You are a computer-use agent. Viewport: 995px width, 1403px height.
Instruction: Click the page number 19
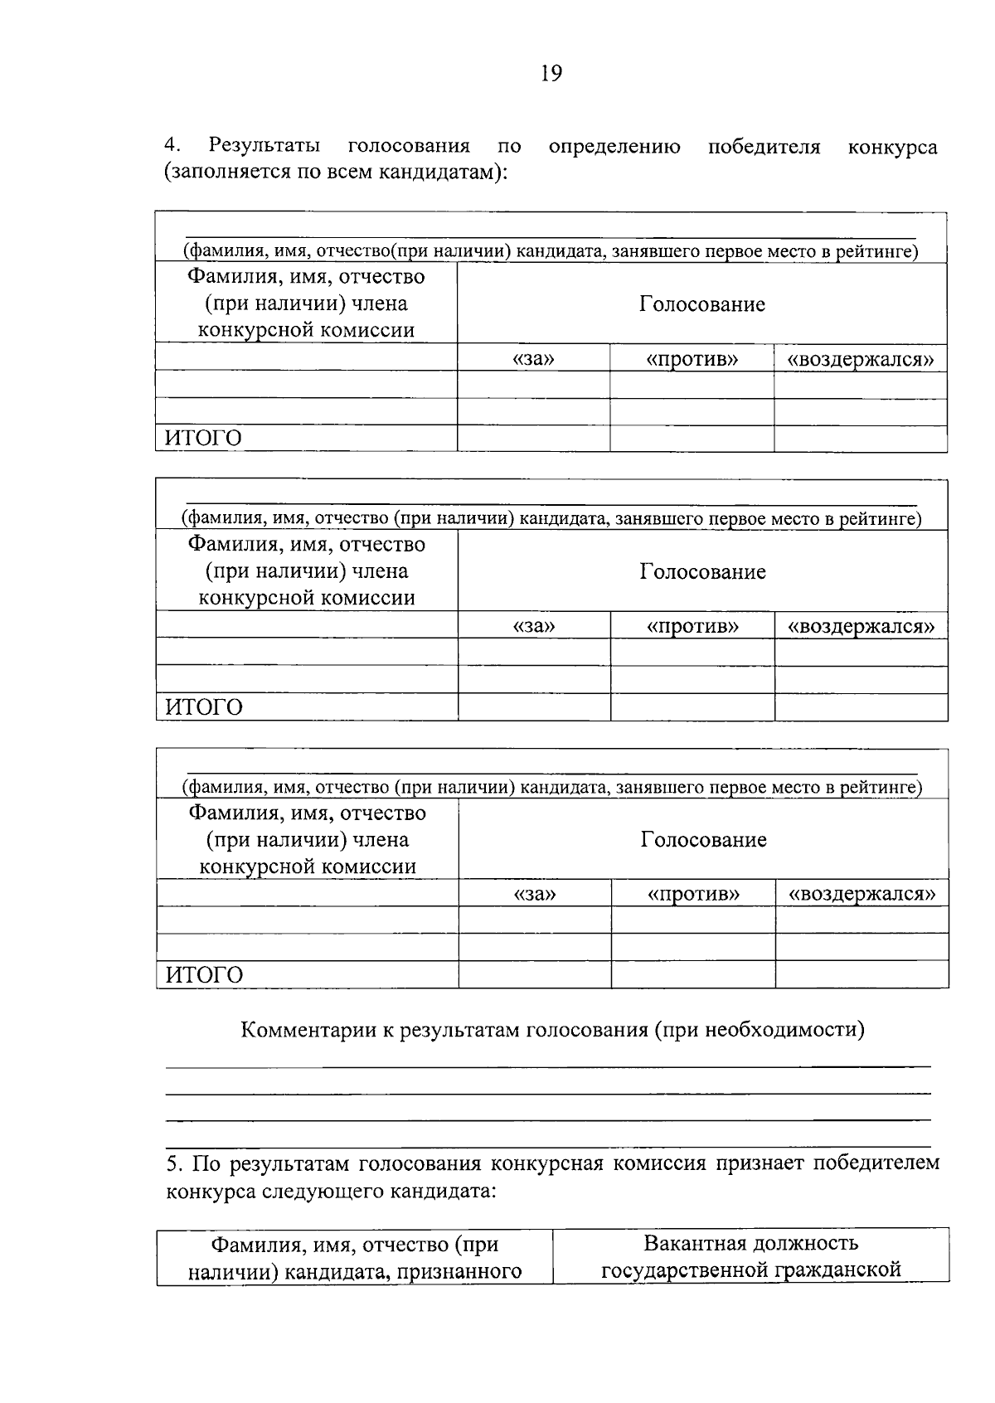coord(551,74)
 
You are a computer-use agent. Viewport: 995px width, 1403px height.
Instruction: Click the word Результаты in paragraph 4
coord(265,146)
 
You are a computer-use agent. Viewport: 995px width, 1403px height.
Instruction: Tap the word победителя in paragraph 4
coord(764,147)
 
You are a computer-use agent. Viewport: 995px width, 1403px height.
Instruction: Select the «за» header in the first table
coord(533,358)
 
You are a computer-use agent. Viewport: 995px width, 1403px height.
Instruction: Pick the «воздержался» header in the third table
coord(862,893)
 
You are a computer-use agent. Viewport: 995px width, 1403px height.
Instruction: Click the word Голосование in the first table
coord(702,303)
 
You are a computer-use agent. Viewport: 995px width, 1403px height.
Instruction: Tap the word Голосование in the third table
coord(703,839)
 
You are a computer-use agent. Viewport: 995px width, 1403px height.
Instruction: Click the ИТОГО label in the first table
coord(203,438)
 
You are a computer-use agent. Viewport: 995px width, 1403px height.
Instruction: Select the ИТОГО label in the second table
coord(204,706)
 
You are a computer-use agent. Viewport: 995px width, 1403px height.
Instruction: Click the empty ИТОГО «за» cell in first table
coord(533,439)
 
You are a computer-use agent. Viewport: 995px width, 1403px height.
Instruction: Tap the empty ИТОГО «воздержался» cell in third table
coord(862,974)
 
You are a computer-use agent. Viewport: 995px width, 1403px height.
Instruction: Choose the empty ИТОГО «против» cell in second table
coord(692,706)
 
